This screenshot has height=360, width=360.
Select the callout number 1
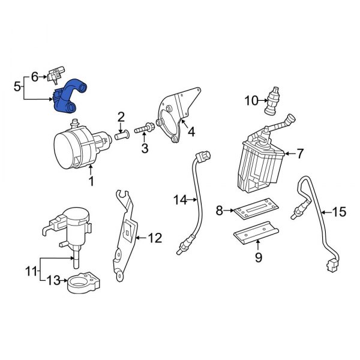91,181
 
